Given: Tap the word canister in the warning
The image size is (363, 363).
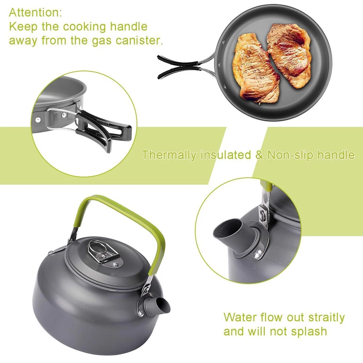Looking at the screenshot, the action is coord(139,40).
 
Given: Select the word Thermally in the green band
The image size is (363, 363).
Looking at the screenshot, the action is coord(169,155).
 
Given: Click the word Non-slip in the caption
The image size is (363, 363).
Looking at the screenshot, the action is coord(291,155).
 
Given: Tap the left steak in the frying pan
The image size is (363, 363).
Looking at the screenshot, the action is coord(256,69).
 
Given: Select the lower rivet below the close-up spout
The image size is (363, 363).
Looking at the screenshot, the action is coord(257,254).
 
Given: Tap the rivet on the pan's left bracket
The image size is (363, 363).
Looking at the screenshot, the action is coord(38,120).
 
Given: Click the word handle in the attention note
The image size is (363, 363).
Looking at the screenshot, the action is coord(129,26).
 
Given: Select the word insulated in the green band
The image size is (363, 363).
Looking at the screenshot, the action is coord(226,155).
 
